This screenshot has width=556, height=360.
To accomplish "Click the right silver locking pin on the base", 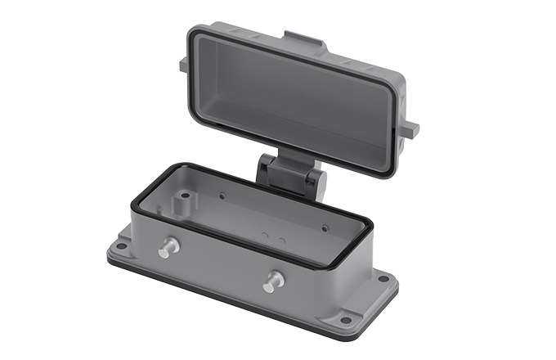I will pyautogui.click(x=272, y=282).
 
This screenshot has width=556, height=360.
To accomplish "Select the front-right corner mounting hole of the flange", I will pyautogui.click(x=346, y=319).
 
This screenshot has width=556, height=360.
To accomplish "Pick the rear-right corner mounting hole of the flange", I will pyautogui.click(x=383, y=278).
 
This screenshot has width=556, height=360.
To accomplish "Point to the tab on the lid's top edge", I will pyautogui.click(x=299, y=40).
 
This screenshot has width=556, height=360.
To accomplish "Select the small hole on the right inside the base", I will pyautogui.click(x=325, y=228).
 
